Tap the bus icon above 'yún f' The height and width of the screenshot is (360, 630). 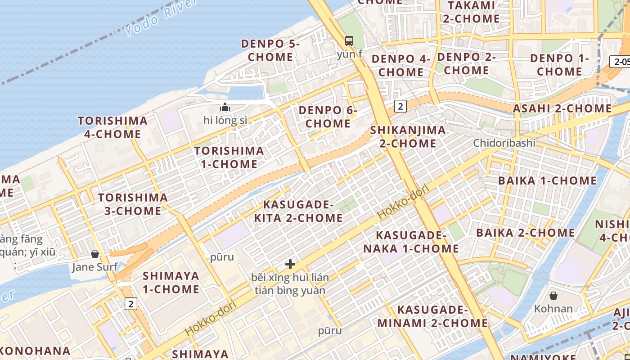click(x=349, y=41)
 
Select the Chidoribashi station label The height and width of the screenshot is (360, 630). click(x=504, y=143)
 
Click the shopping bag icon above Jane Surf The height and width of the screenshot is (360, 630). click(x=95, y=254)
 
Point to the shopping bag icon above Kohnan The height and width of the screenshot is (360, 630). click(x=553, y=296)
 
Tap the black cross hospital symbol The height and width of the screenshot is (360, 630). click(x=290, y=264)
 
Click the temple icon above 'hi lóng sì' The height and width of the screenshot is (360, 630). click(x=225, y=108)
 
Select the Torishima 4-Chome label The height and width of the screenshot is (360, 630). click(x=112, y=127)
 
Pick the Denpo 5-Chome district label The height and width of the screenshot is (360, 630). click(x=270, y=50)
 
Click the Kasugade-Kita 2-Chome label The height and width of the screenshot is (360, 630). click(x=298, y=211)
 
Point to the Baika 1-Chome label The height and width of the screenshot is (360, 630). click(x=547, y=181)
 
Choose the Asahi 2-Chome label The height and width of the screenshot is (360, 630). click(x=562, y=108)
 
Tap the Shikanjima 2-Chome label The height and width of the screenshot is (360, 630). click(x=408, y=137)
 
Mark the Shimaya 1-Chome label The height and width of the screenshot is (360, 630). click(x=171, y=282)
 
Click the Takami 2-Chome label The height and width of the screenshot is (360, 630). click(x=471, y=12)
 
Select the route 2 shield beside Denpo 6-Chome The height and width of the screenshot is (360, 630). click(x=400, y=106)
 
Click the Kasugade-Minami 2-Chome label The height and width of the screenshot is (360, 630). click(x=432, y=316)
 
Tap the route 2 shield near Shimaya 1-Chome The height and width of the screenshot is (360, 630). click(x=131, y=304)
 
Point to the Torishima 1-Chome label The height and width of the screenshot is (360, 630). click(x=229, y=157)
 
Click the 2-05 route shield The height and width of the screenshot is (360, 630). click(x=620, y=62)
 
